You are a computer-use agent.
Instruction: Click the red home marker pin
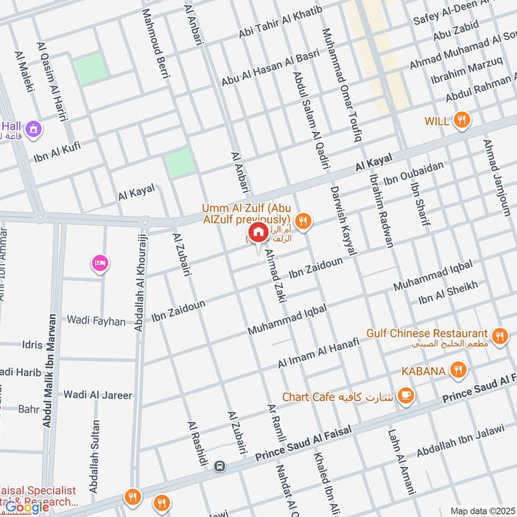tap(258, 232)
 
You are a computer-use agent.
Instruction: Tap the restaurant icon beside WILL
tap(461, 120)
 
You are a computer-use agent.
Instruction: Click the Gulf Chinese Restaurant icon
tap(498, 335)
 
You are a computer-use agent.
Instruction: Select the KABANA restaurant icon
tap(458, 370)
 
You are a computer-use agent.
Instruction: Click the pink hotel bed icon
tap(100, 262)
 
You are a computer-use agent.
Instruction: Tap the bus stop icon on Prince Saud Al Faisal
tap(220, 466)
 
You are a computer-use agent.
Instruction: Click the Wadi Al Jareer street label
tap(98, 394)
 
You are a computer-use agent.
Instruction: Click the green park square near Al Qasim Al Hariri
tap(90, 68)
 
